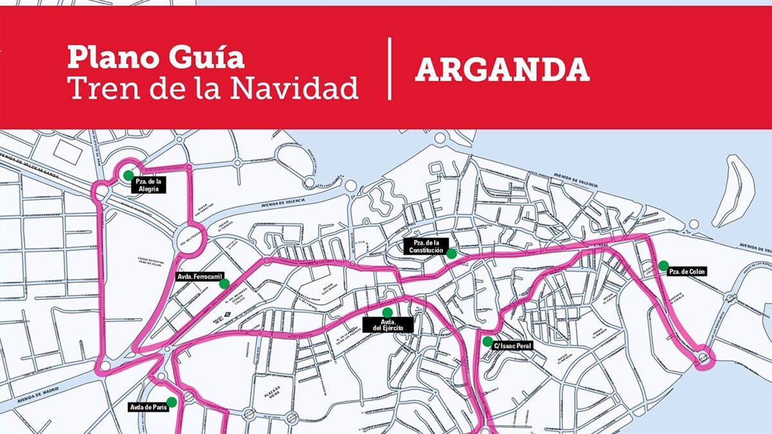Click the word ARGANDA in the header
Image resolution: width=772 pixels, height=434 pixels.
[502, 69]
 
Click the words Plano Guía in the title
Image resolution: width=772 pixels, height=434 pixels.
[156, 57]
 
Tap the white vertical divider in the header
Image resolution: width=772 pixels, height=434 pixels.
[390, 69]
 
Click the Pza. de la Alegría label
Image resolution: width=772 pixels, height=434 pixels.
[149, 185]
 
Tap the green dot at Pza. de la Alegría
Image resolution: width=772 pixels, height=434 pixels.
[128, 175]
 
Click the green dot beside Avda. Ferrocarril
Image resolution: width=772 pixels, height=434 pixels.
[224, 284]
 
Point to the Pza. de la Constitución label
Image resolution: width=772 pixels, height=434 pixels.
[425, 246]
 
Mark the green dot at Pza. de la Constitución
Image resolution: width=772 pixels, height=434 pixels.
[452, 254]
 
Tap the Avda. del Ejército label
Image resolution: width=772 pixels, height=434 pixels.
[387, 325]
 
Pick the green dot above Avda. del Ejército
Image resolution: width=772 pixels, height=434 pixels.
[387, 312]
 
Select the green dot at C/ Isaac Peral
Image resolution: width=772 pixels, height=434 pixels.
[488, 341]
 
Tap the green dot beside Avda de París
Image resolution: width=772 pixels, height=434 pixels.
[171, 402]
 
